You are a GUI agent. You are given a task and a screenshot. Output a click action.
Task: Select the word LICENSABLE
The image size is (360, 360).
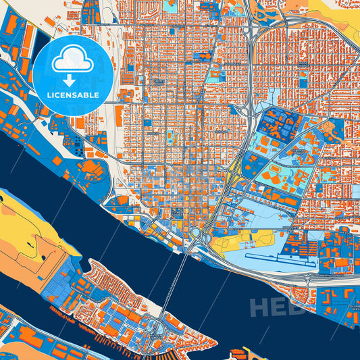click(73, 95)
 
